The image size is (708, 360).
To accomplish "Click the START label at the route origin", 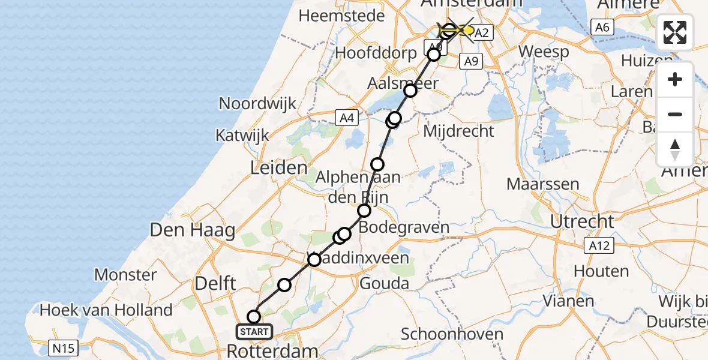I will (x=254, y=331).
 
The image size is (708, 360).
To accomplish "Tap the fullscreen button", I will (x=675, y=32).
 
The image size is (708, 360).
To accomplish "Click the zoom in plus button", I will (x=675, y=79).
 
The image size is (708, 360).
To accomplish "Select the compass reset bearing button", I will (x=675, y=149).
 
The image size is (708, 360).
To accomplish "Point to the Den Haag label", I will (x=192, y=230).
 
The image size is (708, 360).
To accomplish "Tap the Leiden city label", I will (x=279, y=168).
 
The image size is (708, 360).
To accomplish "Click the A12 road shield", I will (x=597, y=245).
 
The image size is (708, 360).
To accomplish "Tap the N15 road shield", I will (x=62, y=347).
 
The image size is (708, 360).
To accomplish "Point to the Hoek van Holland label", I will (x=106, y=310).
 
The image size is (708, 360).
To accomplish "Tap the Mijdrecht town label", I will (x=459, y=130).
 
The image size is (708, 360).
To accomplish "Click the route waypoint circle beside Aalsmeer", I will (x=410, y=91).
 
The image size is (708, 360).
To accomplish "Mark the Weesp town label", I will (x=543, y=52).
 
